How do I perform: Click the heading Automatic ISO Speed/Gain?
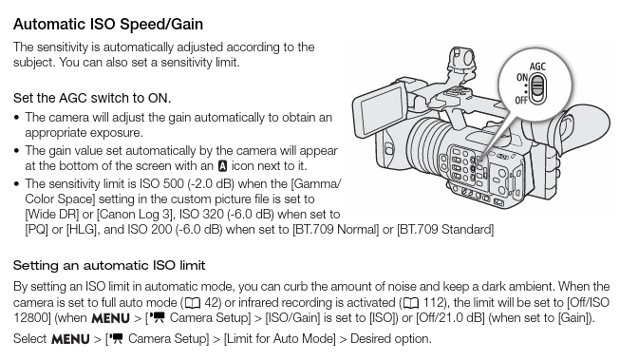pos(108,22)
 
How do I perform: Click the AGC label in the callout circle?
pos(537,67)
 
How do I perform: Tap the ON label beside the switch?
pos(521,77)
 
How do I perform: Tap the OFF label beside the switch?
pos(521,100)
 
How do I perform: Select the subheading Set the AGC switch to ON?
pos(92,97)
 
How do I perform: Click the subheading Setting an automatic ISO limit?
pos(109,265)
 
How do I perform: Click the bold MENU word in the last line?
pos(70,338)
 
